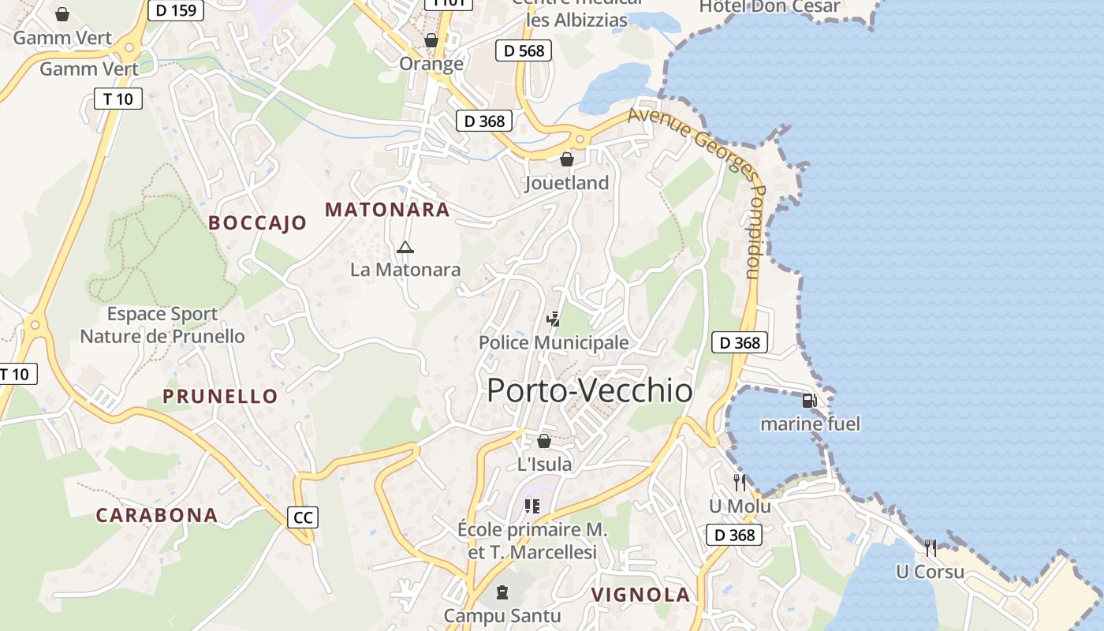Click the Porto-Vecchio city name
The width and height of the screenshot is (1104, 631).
[590, 391]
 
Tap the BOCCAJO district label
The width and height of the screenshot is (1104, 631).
[257, 223]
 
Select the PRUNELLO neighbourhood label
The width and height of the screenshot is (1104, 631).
[220, 396]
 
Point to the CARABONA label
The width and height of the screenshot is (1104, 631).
[156, 516]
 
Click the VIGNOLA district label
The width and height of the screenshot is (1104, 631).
[640, 595]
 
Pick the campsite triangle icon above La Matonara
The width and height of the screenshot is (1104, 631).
[405, 248]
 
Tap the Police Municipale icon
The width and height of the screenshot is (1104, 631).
[554, 319]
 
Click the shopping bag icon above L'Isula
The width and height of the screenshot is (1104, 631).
[544, 441]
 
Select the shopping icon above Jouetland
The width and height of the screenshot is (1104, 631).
[566, 160]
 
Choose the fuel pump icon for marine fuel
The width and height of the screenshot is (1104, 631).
[809, 401]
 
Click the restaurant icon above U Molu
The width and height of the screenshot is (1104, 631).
[739, 482]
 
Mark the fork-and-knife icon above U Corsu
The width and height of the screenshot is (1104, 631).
[931, 547]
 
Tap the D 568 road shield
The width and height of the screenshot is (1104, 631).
[524, 50]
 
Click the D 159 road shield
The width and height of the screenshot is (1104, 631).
[177, 10]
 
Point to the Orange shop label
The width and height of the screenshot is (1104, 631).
[431, 63]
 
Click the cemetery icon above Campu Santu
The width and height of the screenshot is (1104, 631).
[502, 592]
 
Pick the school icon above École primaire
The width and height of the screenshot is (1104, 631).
[532, 506]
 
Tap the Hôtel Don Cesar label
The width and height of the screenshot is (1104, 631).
[770, 7]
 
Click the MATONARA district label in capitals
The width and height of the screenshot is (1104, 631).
[387, 210]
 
